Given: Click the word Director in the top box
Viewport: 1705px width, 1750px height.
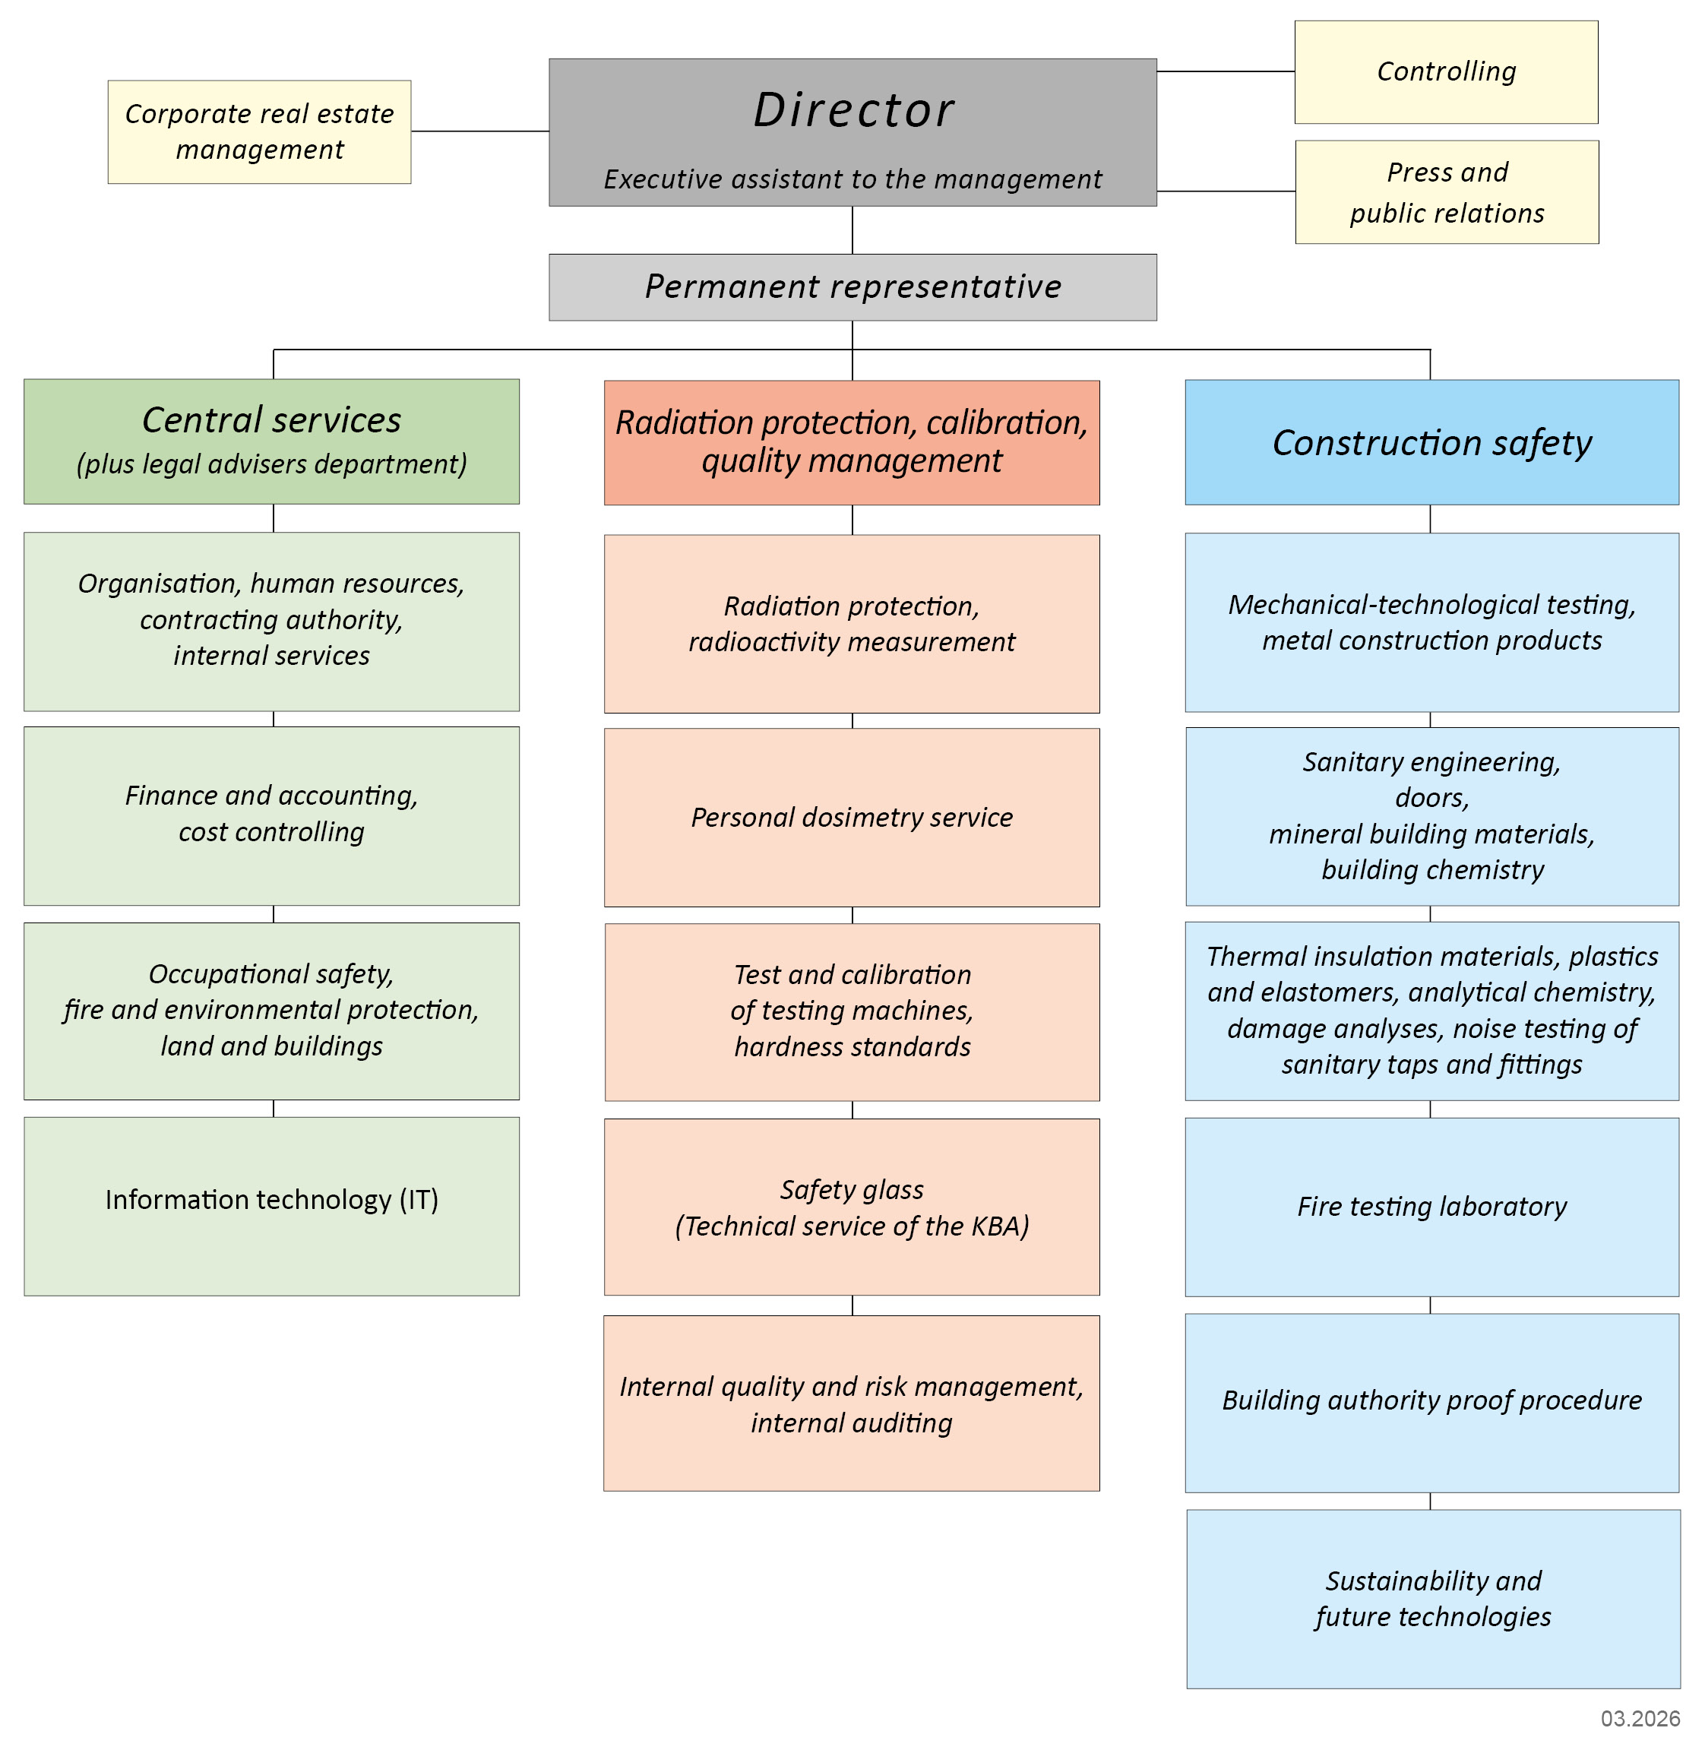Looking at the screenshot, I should coord(852,110).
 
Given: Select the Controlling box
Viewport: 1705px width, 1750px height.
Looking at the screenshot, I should coord(1445,71).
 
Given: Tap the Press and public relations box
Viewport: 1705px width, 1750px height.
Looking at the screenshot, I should coord(1446,191).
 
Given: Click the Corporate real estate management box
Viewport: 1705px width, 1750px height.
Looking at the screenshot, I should coord(259,131).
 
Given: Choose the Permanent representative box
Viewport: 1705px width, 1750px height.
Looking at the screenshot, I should coord(852,286).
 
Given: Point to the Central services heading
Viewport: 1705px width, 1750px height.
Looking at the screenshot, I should coord(271,420).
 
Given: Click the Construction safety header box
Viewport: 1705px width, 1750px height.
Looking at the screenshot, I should coord(1431,442).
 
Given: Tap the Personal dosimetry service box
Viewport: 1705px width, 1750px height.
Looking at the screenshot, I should coord(852,817).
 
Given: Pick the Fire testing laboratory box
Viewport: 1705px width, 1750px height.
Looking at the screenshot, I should coord(1431,1207).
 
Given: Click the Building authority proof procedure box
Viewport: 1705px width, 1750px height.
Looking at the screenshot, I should coord(1431,1400).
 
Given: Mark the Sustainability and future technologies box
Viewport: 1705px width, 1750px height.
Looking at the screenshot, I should coord(1433,1599).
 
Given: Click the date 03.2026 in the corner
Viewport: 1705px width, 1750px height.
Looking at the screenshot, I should coord(1640,1718).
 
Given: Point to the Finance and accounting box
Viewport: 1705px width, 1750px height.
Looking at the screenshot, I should coord(271,814).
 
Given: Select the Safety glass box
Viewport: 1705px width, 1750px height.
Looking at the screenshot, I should coord(852,1207).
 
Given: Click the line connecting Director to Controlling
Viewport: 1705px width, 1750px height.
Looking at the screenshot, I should coord(1225,71).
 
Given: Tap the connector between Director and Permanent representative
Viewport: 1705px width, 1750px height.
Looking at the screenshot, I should coord(852,230).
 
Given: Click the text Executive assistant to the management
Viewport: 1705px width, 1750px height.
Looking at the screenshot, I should coord(852,179).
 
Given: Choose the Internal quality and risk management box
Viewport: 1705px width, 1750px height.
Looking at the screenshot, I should coord(852,1403).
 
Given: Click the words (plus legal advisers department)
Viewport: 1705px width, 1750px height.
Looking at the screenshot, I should coord(271,464).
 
